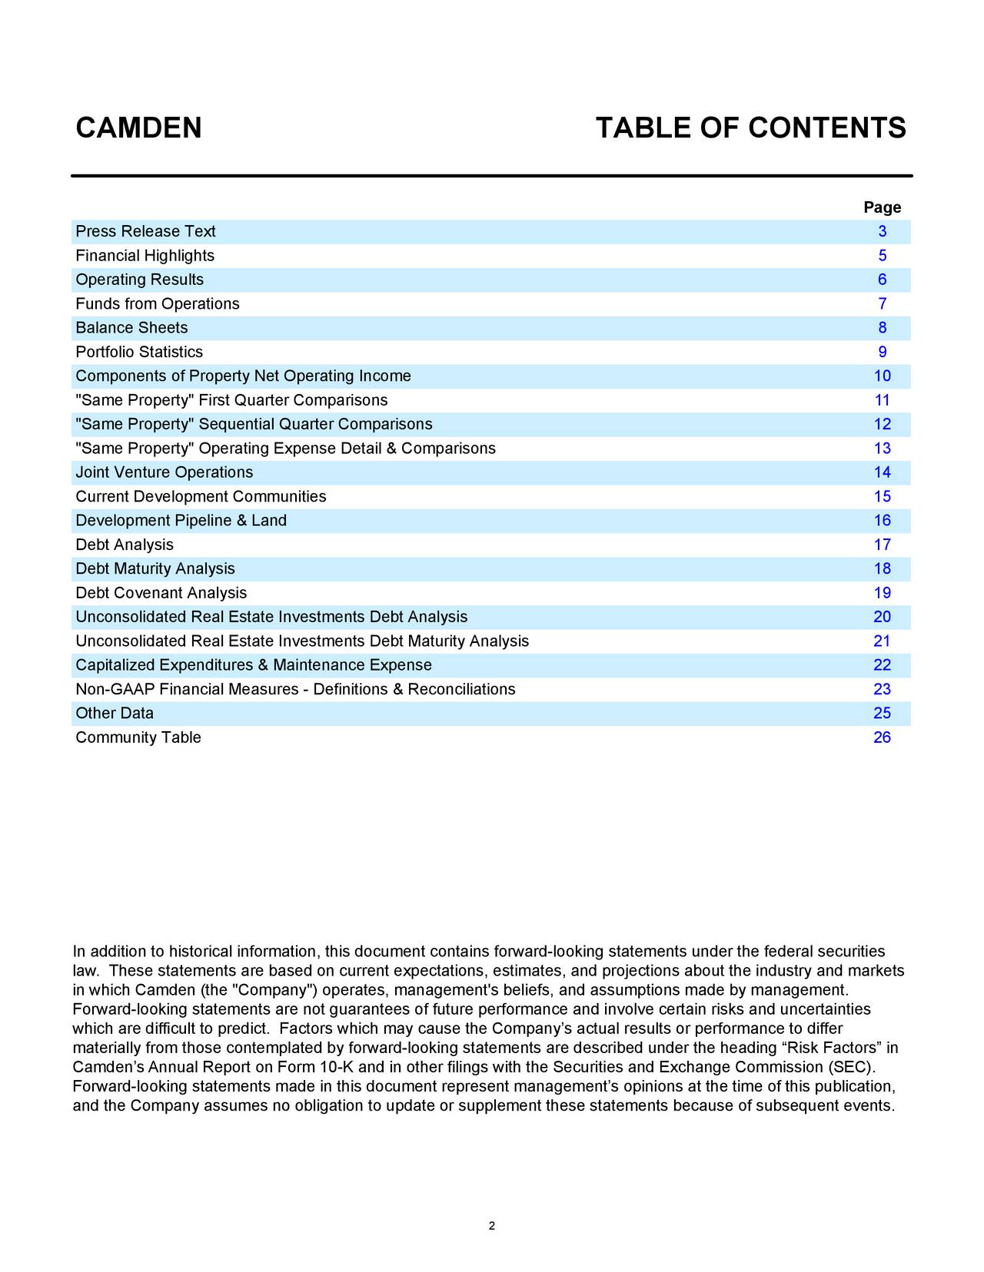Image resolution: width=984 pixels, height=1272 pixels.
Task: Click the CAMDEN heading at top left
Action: (x=138, y=128)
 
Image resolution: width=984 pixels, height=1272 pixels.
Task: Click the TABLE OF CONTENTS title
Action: (x=750, y=128)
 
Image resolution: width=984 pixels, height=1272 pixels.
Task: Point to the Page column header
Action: (x=882, y=207)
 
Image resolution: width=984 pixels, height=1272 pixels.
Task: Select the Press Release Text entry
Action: (x=145, y=232)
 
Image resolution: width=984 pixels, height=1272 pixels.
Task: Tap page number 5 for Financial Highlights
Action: (x=883, y=256)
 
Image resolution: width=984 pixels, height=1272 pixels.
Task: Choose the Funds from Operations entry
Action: (x=158, y=304)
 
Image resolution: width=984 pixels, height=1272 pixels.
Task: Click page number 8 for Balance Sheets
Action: (x=883, y=328)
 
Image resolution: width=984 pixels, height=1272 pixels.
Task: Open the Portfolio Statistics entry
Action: (x=139, y=353)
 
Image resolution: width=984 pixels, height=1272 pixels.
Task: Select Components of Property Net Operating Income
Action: (x=243, y=376)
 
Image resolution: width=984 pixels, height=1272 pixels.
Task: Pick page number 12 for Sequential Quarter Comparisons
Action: (x=882, y=425)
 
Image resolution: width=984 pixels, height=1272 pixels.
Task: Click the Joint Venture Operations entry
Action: (x=164, y=472)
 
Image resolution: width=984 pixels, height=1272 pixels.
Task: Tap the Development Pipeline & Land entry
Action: (x=181, y=521)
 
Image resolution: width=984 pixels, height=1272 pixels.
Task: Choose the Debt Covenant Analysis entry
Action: (x=161, y=593)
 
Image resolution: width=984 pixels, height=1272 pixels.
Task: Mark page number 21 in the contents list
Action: (x=882, y=641)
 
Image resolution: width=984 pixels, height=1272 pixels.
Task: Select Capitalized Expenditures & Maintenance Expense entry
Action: (x=254, y=665)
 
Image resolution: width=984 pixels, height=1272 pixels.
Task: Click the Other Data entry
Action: (x=115, y=714)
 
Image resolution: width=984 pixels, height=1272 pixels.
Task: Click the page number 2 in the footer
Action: (x=492, y=1226)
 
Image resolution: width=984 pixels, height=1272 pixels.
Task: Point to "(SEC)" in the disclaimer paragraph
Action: (x=851, y=1068)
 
